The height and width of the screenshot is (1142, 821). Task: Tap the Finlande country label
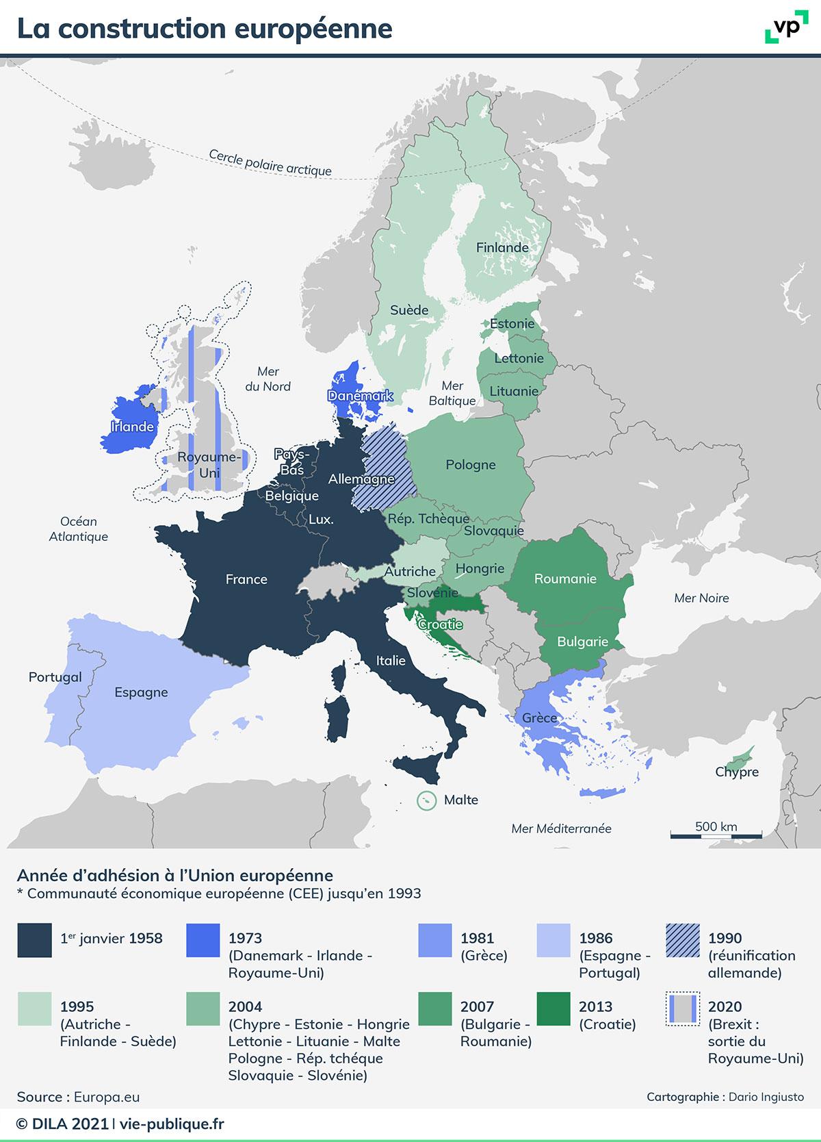pos(502,247)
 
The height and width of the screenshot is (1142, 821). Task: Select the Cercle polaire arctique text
pos(270,163)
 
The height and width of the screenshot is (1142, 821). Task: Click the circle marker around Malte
pos(427,800)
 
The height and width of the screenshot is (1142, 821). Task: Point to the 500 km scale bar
pos(716,835)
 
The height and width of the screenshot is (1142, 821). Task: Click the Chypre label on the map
pos(737,772)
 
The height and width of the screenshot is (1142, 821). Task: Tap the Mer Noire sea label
pos(701,598)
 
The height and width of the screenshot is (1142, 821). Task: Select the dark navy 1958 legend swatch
pos(34,940)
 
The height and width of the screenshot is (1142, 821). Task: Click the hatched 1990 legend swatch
pos(682,940)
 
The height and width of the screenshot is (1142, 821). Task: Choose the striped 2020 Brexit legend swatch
pos(682,1009)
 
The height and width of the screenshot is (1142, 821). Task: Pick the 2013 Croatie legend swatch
pos(553,1009)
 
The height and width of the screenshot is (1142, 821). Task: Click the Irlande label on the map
pos(132,427)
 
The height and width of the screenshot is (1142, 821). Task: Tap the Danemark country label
pos(360,396)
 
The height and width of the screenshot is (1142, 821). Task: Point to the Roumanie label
pos(565,579)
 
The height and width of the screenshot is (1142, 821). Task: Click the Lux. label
pos(320,519)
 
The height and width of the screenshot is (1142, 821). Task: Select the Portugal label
pos(55,677)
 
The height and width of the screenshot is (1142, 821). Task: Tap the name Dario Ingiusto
pos(766,1097)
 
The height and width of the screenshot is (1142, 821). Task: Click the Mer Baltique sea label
pos(452,394)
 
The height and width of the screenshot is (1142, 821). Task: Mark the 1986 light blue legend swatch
pos(553,940)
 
